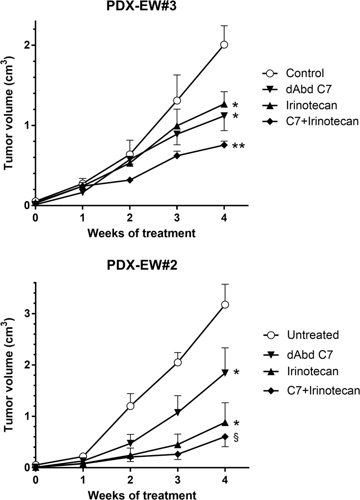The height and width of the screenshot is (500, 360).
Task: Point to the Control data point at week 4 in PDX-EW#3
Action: [x=224, y=44]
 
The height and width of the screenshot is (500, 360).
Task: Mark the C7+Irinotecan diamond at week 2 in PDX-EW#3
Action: [x=130, y=180]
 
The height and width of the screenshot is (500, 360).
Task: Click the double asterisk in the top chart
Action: [x=239, y=146]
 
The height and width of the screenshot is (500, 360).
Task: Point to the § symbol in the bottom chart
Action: [x=236, y=437]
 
